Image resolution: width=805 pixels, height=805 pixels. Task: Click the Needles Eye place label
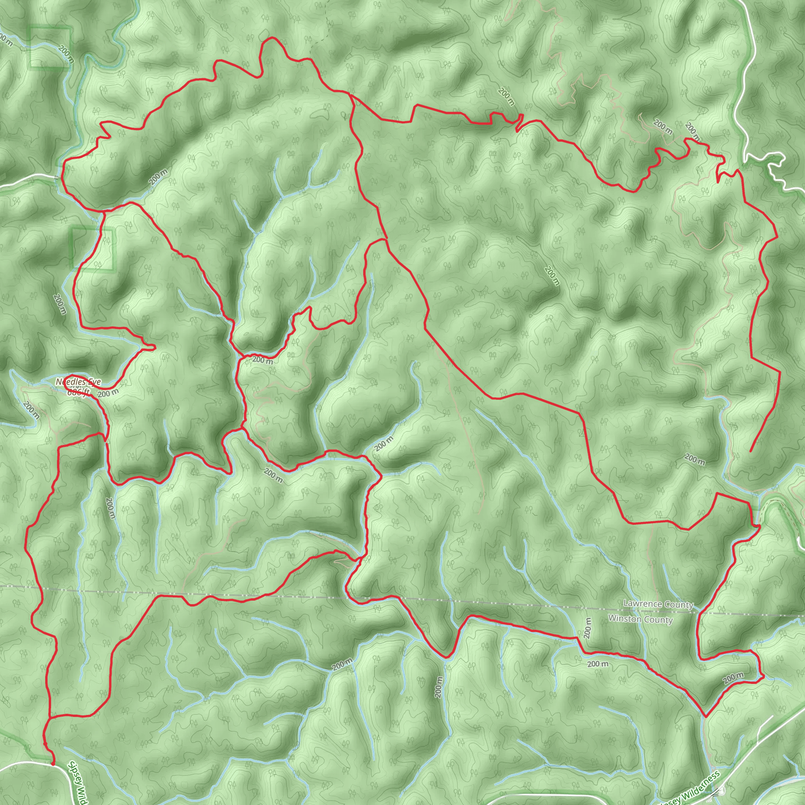click(78, 382)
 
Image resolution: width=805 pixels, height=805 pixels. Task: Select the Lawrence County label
click(658, 604)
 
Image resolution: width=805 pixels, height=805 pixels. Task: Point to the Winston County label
click(640, 619)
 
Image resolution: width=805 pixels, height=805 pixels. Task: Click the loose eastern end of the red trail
click(750, 451)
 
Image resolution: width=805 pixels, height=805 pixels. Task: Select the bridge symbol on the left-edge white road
click(56, 177)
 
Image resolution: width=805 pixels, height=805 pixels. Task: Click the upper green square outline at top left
click(49, 47)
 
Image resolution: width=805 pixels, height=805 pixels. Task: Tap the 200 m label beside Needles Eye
click(108, 393)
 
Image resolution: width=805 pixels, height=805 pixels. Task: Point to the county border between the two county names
click(650, 612)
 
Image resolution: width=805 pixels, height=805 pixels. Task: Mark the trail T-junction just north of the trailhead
click(49, 719)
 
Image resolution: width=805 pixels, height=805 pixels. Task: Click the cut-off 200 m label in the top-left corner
click(5, 39)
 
